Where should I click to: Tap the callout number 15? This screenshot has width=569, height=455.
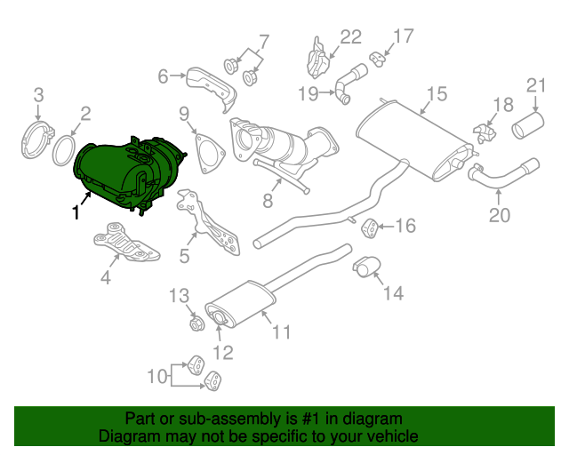[435, 95]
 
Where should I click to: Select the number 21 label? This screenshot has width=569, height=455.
[535, 85]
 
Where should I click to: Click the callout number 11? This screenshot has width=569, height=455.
[282, 333]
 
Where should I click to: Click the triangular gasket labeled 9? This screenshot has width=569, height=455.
[206, 153]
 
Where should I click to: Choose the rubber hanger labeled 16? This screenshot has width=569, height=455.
[371, 227]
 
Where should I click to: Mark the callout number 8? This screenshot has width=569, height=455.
[268, 202]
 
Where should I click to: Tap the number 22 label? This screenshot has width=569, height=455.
[351, 37]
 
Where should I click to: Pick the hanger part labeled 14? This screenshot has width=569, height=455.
[367, 266]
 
